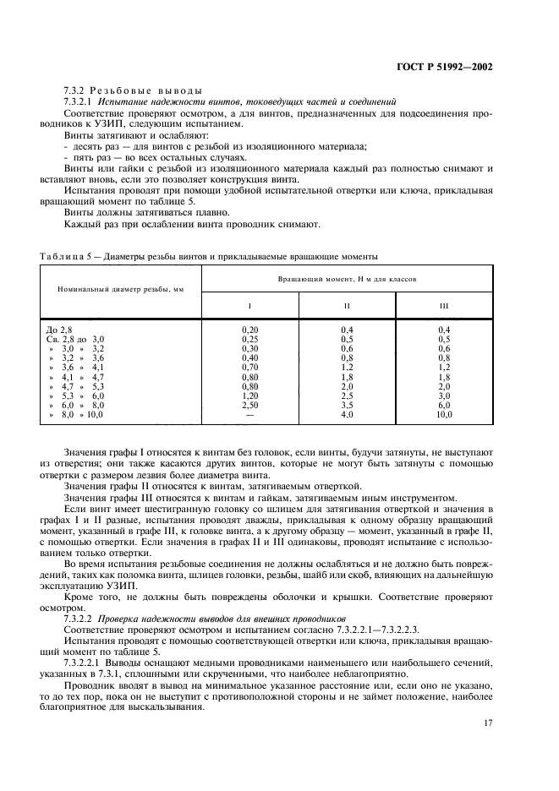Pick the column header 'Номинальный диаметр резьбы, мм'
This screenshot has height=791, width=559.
(x=120, y=288)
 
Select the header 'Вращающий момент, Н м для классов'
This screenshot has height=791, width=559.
(x=347, y=278)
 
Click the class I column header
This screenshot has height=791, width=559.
(x=249, y=304)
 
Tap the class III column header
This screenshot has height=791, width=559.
(x=444, y=304)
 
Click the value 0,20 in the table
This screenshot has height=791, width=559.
(x=249, y=330)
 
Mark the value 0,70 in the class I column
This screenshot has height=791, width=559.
(x=249, y=368)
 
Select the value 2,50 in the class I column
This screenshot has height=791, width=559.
(x=249, y=406)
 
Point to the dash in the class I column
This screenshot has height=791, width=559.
(x=249, y=416)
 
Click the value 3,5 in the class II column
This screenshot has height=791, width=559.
(x=347, y=406)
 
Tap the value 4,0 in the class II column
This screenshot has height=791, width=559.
(x=347, y=416)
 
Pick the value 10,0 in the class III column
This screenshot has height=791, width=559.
(x=444, y=416)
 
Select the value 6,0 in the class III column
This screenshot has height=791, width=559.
(x=444, y=406)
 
